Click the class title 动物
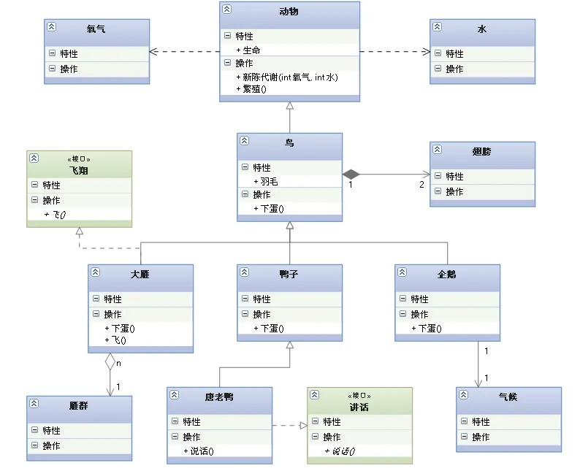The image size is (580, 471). [x=289, y=12]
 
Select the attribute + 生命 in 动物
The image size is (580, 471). [x=248, y=50]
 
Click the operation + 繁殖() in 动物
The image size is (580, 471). [x=251, y=89]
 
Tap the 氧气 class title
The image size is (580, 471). [x=96, y=29]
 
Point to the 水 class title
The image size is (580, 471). [x=481, y=29]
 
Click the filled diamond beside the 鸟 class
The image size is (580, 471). [x=352, y=174]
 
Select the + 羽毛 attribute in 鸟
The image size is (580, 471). [x=266, y=181]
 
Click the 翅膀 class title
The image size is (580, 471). [x=481, y=152]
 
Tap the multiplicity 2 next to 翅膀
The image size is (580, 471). [x=421, y=184]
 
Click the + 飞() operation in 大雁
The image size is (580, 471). [x=117, y=340]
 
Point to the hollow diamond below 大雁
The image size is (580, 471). [x=110, y=361]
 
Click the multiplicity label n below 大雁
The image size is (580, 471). [x=118, y=362]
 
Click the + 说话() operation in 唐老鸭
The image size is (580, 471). [x=200, y=451]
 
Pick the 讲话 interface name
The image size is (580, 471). [x=359, y=407]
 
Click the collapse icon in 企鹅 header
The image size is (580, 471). [x=402, y=272]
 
